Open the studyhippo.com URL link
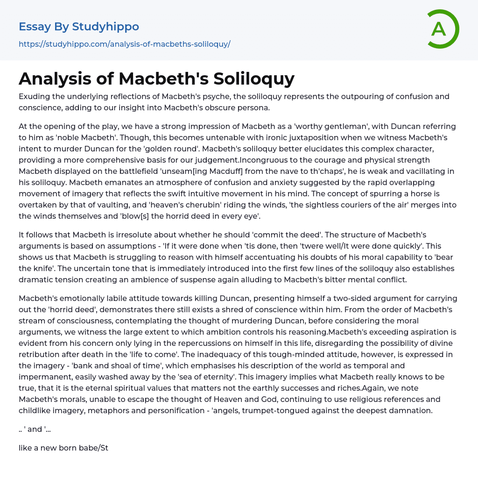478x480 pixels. [125, 44]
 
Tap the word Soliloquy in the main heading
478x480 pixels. [254, 79]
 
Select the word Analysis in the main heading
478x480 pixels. [57, 79]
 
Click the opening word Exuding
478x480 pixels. [35, 97]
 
